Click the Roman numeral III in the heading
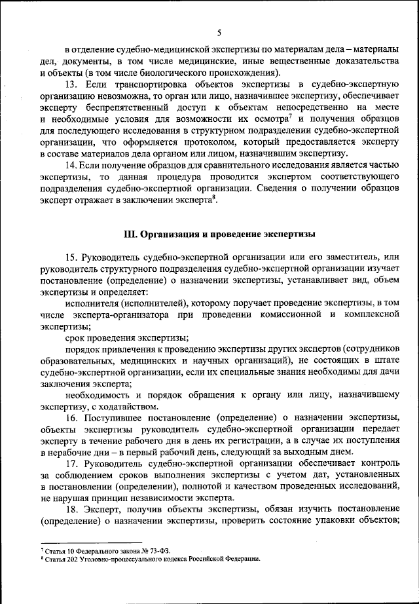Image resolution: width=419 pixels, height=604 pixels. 129,233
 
